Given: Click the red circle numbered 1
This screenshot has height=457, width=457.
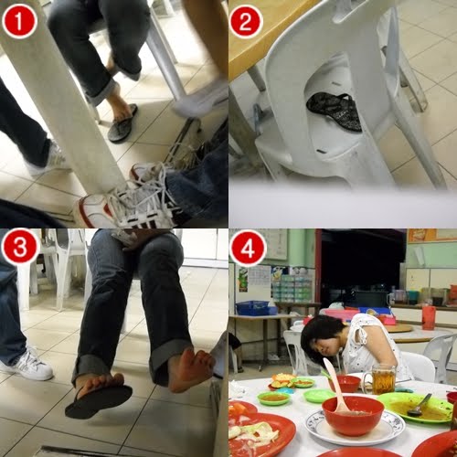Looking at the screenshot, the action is (x=20, y=22).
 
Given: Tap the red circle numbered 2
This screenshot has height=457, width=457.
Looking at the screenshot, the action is (x=246, y=21).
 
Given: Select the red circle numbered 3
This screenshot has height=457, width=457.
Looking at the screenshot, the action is (x=20, y=248).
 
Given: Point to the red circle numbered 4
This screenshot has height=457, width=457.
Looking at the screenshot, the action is (x=248, y=248).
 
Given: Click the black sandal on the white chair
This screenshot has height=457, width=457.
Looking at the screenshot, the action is (x=335, y=112).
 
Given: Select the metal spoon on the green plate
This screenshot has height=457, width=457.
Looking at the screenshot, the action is (x=420, y=405).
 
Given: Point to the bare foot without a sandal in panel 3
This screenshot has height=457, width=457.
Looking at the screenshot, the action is (x=189, y=369).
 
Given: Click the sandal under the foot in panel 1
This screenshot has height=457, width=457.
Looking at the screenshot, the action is (x=122, y=124).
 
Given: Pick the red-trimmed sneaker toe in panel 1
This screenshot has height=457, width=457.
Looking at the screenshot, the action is (x=91, y=210).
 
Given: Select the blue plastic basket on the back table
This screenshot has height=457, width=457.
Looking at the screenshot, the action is (x=254, y=308).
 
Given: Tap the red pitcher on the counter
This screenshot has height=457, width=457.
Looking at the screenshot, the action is (x=429, y=317).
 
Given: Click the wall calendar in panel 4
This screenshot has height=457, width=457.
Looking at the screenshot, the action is (x=260, y=275).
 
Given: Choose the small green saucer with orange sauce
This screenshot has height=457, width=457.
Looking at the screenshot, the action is (x=273, y=399).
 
